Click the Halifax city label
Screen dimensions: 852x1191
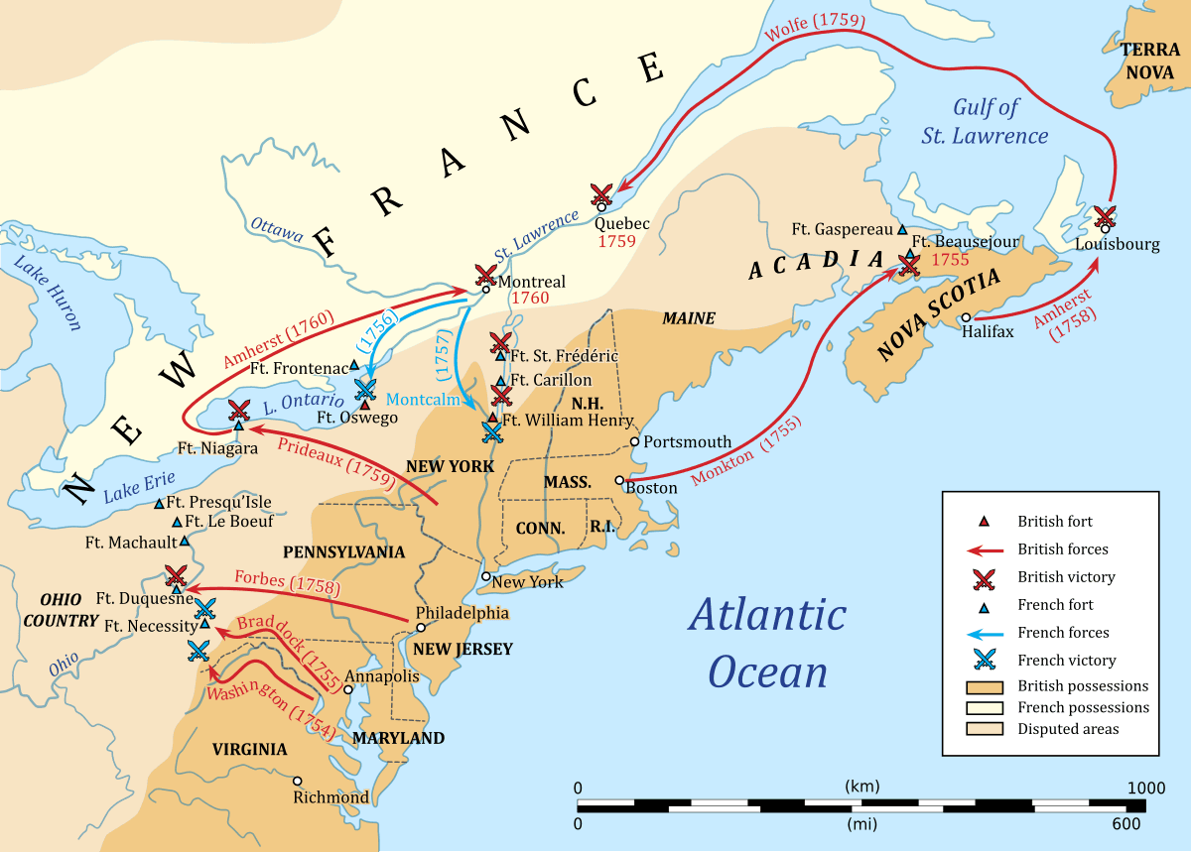coord(989,332)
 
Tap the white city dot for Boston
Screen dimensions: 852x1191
coord(619,479)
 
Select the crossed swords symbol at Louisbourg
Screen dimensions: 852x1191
coord(1104,215)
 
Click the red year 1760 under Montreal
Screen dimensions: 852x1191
coord(530,299)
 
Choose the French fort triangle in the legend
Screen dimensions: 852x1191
coord(985,605)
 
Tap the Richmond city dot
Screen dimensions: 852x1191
coord(297,780)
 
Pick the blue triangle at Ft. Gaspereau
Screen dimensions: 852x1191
coord(902,229)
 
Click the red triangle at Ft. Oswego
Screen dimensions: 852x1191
coord(365,404)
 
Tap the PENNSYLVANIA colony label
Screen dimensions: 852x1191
coord(343,550)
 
